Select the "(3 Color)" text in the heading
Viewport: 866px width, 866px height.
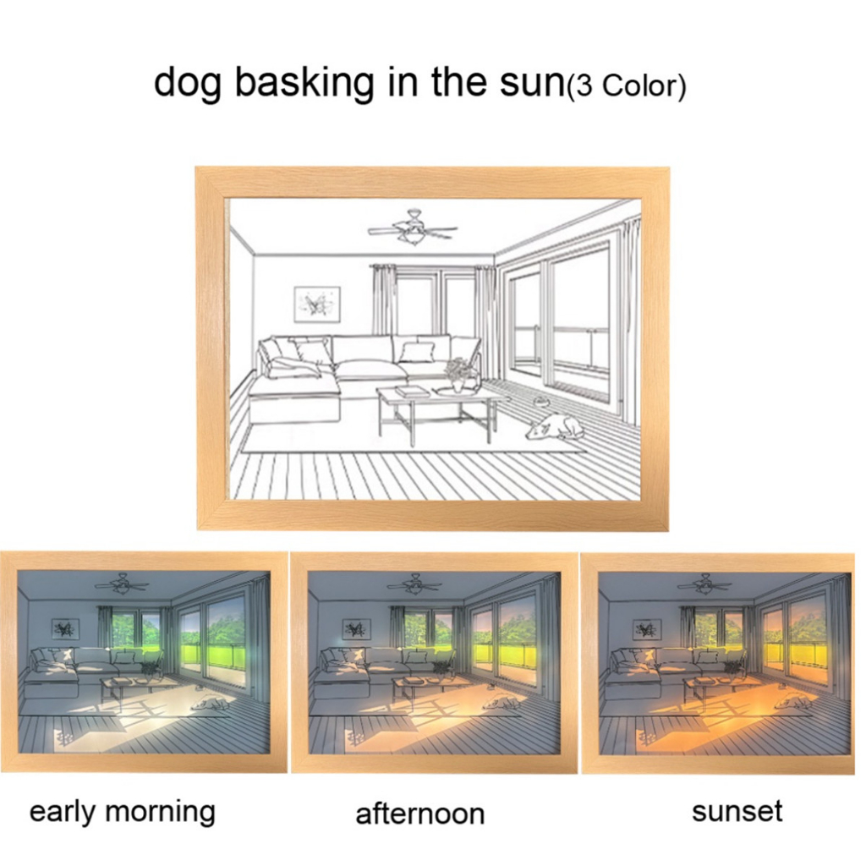[627, 87]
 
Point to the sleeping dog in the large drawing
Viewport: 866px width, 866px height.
[554, 427]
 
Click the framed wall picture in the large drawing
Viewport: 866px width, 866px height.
[317, 304]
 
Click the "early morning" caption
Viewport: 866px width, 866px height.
[122, 813]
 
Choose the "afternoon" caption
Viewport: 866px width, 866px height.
[419, 814]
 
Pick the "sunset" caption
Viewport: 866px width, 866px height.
[737, 811]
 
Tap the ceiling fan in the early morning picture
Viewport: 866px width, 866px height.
[121, 583]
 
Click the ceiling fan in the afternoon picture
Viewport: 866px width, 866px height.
[413, 583]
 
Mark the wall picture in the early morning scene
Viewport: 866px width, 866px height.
[66, 628]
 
